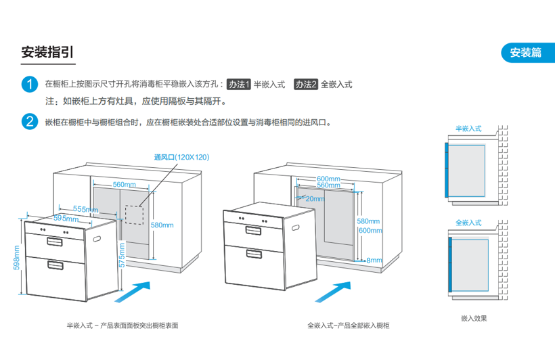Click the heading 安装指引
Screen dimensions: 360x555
[x=48, y=53]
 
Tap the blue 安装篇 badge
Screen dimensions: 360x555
[x=526, y=53]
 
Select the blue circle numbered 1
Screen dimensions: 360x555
[x=29, y=85]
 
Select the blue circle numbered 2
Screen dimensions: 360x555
[x=29, y=122]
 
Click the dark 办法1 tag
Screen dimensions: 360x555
[x=239, y=85]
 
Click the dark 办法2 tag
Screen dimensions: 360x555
[x=306, y=85]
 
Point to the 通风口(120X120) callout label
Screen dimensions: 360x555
[x=181, y=157]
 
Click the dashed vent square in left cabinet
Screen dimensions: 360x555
[x=135, y=213]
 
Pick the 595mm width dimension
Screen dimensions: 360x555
[x=66, y=219]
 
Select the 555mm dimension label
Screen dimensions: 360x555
[x=86, y=208]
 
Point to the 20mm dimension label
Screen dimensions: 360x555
[x=314, y=199]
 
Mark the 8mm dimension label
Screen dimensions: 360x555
[x=374, y=260]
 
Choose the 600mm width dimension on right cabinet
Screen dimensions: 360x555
[x=328, y=179]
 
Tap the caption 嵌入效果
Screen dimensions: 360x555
[x=474, y=318]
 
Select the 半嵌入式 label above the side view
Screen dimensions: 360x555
[x=468, y=128]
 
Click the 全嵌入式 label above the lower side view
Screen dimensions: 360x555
[x=468, y=222]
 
